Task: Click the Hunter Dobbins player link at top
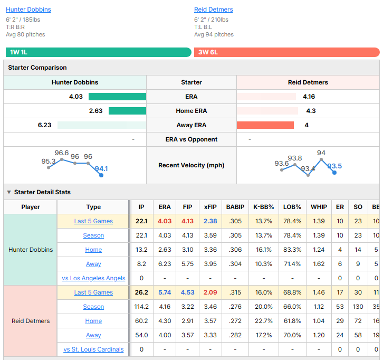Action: (x=28, y=10)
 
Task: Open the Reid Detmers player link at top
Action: (x=214, y=10)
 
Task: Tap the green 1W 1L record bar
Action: (x=99, y=52)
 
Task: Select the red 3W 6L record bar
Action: (x=287, y=52)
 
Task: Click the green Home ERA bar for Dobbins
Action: (x=127, y=111)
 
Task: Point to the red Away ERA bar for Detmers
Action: (x=265, y=125)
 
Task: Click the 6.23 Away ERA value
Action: (x=44, y=125)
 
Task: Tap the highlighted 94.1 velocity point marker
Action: (x=101, y=175)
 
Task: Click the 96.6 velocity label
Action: (x=62, y=153)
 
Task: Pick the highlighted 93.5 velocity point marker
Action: (x=334, y=173)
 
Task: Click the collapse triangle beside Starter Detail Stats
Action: (x=9, y=192)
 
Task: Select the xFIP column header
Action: (x=210, y=207)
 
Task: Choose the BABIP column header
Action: (x=235, y=207)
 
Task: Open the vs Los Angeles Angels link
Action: (x=93, y=278)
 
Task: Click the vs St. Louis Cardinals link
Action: (x=93, y=349)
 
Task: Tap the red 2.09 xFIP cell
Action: (x=210, y=292)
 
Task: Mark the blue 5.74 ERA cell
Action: (x=165, y=292)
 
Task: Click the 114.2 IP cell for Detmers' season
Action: (x=141, y=307)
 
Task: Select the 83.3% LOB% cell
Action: (x=292, y=250)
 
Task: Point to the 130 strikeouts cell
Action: (x=358, y=307)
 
